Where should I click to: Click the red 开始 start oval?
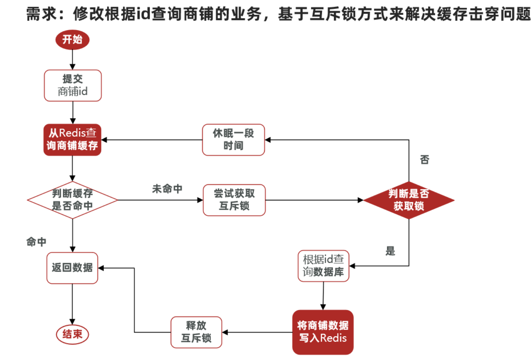(x=72, y=39)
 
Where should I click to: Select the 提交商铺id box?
(x=73, y=85)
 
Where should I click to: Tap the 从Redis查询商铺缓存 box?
(x=72, y=140)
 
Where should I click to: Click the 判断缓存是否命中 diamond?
(x=72, y=200)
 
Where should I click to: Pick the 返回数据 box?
(x=72, y=268)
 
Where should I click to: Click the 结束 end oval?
(x=72, y=334)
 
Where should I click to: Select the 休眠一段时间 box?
(x=233, y=140)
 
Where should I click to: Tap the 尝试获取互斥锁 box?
(x=234, y=200)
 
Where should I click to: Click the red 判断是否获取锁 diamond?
(x=409, y=200)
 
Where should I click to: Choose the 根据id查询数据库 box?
(x=323, y=266)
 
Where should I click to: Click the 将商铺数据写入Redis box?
(x=323, y=332)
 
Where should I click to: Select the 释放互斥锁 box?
(x=196, y=332)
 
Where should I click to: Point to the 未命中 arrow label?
(x=167, y=189)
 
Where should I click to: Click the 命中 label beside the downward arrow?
(x=36, y=242)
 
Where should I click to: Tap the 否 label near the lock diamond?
(x=424, y=160)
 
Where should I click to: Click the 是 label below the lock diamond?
(x=390, y=251)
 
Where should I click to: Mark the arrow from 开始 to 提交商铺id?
(x=72, y=59)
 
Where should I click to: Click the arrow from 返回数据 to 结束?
(x=72, y=304)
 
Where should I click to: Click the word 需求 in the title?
(x=42, y=14)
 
